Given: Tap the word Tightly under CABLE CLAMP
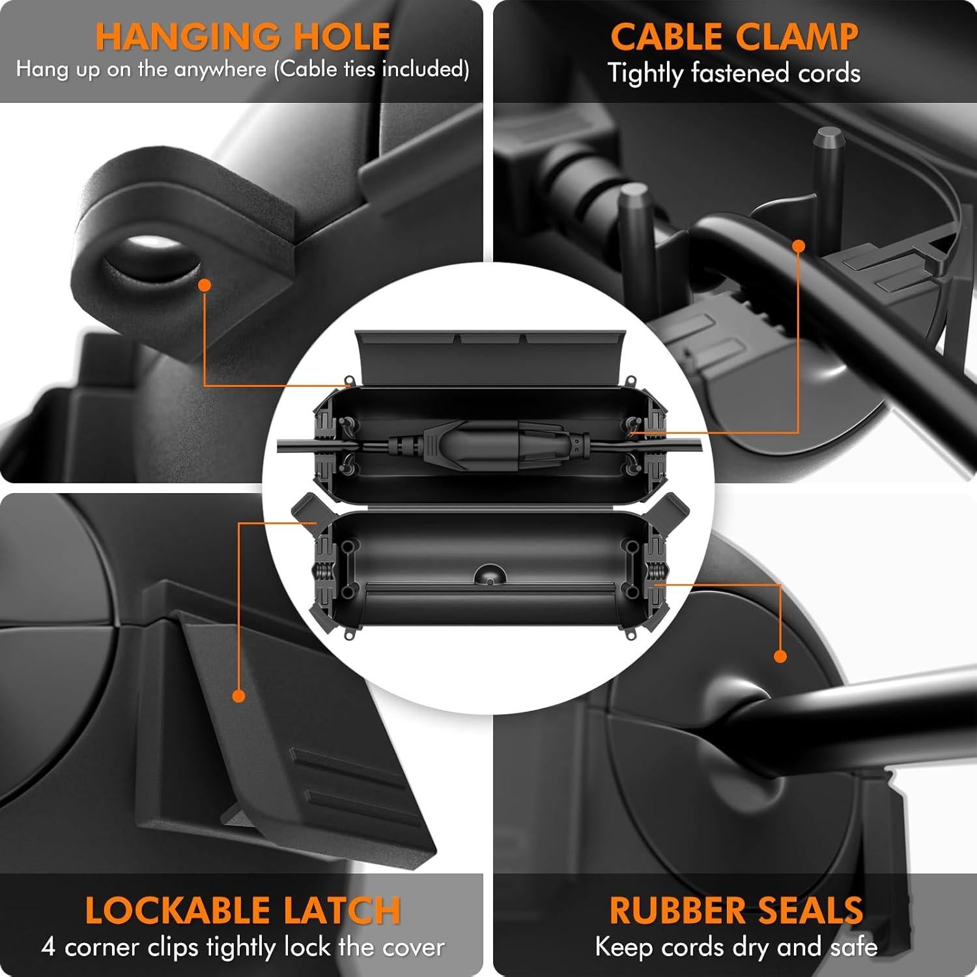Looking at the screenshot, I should [645, 73].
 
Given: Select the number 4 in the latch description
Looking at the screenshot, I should [49, 946].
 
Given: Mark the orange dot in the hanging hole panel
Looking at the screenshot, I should [205, 285].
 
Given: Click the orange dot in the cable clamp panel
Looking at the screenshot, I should [799, 246].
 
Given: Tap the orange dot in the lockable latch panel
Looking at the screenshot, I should [239, 696].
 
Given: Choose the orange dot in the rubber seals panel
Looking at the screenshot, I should [780, 656].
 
